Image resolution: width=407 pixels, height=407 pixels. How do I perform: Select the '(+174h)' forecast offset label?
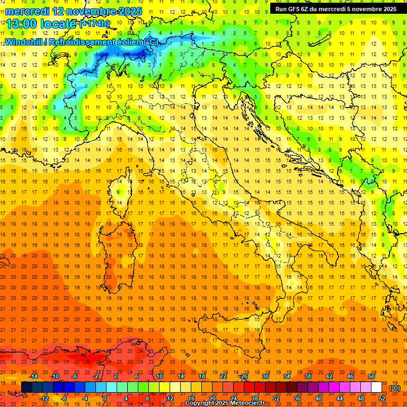click(94, 23)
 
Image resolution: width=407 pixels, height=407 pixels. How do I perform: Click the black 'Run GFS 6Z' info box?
click(335, 8)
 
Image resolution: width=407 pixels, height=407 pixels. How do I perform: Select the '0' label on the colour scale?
click(104, 399)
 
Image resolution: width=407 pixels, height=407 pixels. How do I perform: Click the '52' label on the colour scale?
click(382, 399)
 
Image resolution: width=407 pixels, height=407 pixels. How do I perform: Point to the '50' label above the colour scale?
click(371, 376)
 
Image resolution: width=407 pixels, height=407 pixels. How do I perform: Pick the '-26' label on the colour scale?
click(243, 376)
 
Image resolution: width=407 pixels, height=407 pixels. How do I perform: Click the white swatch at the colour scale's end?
click(376, 387)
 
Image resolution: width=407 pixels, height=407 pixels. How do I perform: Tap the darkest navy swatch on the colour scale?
click(26, 387)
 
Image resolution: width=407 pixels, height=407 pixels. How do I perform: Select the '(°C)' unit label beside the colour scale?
click(395, 388)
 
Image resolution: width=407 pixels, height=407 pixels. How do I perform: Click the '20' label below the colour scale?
click(211, 399)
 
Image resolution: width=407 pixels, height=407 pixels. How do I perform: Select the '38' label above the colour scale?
click(307, 376)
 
